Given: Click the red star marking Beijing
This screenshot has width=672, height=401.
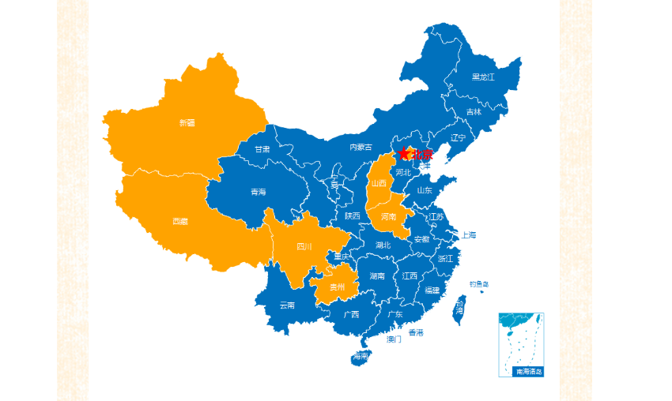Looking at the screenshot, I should point(404,154).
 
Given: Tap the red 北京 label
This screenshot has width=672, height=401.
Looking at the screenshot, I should point(422,155).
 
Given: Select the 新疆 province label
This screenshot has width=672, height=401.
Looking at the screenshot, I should point(187,123).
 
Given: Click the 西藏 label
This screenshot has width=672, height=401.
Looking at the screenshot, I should point(180,222).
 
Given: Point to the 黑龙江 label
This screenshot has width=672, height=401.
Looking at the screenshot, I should point(483,77).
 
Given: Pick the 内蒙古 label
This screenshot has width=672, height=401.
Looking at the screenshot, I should point(361,147).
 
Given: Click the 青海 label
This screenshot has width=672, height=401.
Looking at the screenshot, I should point(259,193).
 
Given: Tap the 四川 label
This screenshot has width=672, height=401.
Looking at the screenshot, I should point(304,247).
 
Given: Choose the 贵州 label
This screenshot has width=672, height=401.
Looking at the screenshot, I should point(338,287).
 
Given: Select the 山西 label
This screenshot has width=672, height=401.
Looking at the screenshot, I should point(379,183).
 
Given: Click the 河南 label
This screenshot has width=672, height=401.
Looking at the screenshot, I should point(388,217).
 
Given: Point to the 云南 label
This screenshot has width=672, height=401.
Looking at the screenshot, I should point(287,305).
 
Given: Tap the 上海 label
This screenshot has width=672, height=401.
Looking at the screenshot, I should point(469,235).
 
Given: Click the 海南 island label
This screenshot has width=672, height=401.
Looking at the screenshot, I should point(361,357).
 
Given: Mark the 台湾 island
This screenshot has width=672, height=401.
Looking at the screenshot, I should point(459,308).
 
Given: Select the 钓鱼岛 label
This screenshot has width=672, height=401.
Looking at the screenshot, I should point(479,283).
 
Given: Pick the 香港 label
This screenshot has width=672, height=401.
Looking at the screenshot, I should point(416,332).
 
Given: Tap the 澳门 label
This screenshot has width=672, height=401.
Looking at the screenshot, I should point(394,340).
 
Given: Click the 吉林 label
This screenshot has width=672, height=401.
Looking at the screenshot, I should point(474,112).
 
